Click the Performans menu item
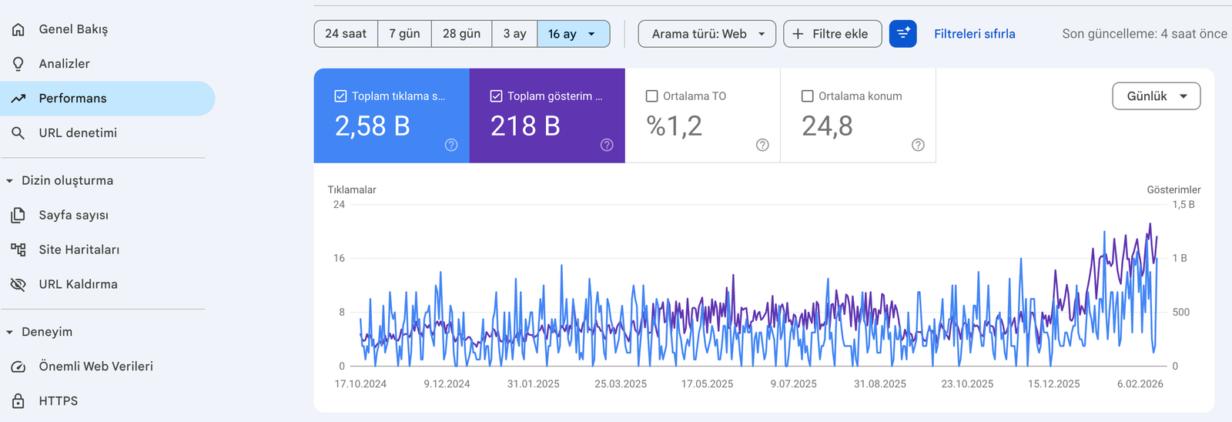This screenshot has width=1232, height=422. tap(73, 99)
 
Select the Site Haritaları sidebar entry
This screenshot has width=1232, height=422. tap(79, 250)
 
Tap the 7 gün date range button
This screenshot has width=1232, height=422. tap(404, 34)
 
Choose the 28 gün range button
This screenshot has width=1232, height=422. tap(461, 34)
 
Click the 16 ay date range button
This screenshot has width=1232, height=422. tap(572, 34)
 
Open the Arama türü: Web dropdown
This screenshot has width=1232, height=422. tap(707, 34)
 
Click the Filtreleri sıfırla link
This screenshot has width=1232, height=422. tap(974, 34)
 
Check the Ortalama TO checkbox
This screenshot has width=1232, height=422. tap(652, 96)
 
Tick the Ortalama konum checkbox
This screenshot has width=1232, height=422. tap(808, 96)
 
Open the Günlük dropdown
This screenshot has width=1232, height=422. tap(1156, 96)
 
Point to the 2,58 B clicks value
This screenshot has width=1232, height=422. tap(372, 126)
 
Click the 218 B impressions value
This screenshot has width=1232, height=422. tap(525, 126)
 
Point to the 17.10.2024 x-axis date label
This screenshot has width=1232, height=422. tap(360, 383)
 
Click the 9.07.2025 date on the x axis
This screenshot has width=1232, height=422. tap(793, 383)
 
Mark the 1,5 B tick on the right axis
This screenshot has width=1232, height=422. tap(1183, 205)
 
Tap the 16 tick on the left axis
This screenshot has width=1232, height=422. tap(339, 258)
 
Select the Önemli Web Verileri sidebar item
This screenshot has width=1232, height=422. tap(95, 367)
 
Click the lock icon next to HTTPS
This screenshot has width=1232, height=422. tap(18, 401)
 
